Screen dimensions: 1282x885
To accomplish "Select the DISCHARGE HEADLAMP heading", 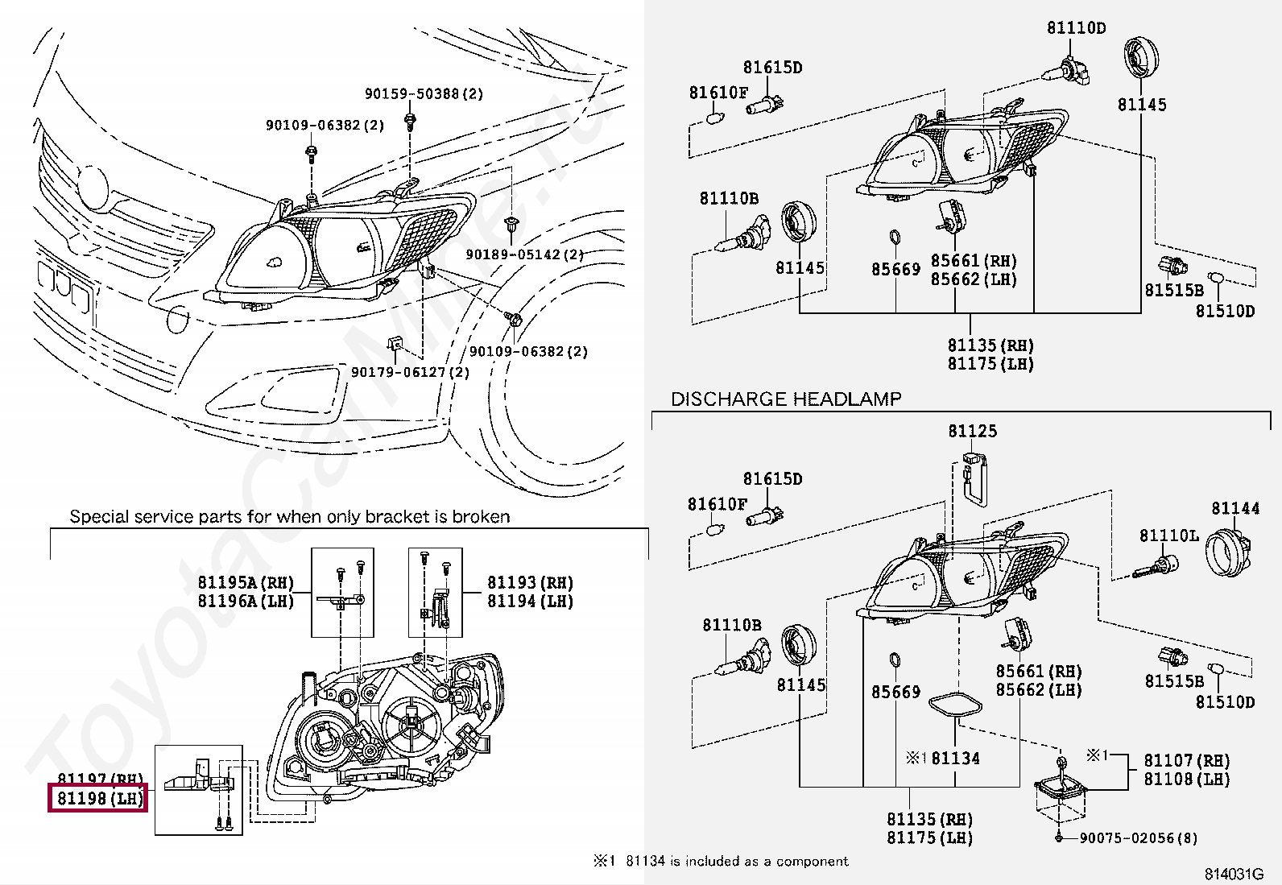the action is click(x=786, y=399).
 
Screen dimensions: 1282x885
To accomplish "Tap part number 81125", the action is click(x=973, y=431).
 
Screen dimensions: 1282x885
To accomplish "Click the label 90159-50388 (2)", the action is click(x=424, y=93).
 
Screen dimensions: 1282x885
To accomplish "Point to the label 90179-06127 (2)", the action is click(x=411, y=372).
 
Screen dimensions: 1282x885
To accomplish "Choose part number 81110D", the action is click(x=1076, y=27).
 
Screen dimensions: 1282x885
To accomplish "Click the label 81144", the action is click(x=1235, y=508).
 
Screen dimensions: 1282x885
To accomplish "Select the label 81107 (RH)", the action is click(x=1186, y=760).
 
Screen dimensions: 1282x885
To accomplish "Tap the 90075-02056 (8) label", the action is click(x=1139, y=838).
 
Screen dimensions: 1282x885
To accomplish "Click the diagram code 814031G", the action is click(x=1234, y=874).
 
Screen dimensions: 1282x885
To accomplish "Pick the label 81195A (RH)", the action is click(x=246, y=582).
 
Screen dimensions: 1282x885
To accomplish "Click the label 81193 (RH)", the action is click(x=530, y=582).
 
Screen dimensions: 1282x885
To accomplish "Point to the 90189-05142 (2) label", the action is click(x=525, y=254).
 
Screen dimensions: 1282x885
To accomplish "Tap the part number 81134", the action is click(x=955, y=759).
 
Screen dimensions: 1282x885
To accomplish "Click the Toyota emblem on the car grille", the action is click(x=92, y=188).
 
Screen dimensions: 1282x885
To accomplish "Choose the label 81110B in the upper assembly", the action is click(x=729, y=199).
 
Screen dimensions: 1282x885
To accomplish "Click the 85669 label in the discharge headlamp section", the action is click(x=895, y=692).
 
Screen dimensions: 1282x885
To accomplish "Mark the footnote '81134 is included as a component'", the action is click(x=737, y=861).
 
